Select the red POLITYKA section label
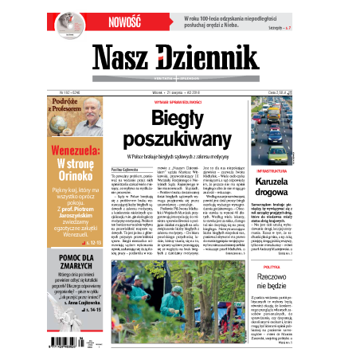click(x=271, y=268)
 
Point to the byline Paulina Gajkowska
click(x=133, y=169)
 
